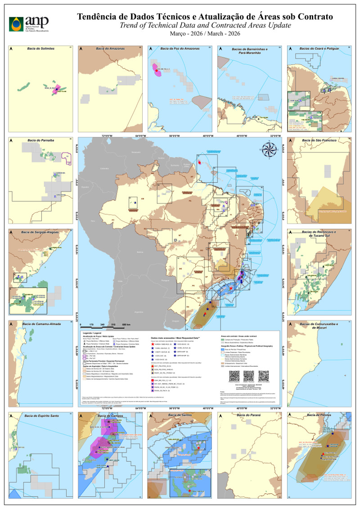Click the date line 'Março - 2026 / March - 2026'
[205, 34]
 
